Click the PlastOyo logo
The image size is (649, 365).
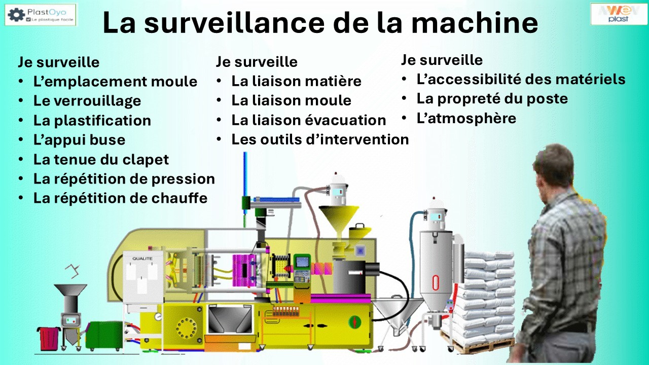point(41,15)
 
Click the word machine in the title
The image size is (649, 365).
point(475,23)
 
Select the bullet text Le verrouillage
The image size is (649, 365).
point(87,101)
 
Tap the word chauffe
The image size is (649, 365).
point(179,198)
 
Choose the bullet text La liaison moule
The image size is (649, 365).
point(291,100)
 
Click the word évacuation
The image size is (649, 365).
point(345,120)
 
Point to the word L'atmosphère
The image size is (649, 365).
point(466,119)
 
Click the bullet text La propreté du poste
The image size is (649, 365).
point(492,99)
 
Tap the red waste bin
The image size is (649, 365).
point(48,338)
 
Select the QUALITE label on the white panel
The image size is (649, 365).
point(142,259)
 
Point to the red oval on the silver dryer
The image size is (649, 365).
point(436,282)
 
